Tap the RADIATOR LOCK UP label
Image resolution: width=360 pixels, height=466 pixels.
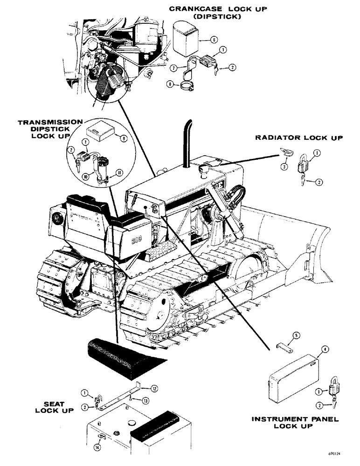299,138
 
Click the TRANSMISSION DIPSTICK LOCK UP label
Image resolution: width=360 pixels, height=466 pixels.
44,128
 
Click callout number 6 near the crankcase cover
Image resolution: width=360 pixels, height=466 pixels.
213,41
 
